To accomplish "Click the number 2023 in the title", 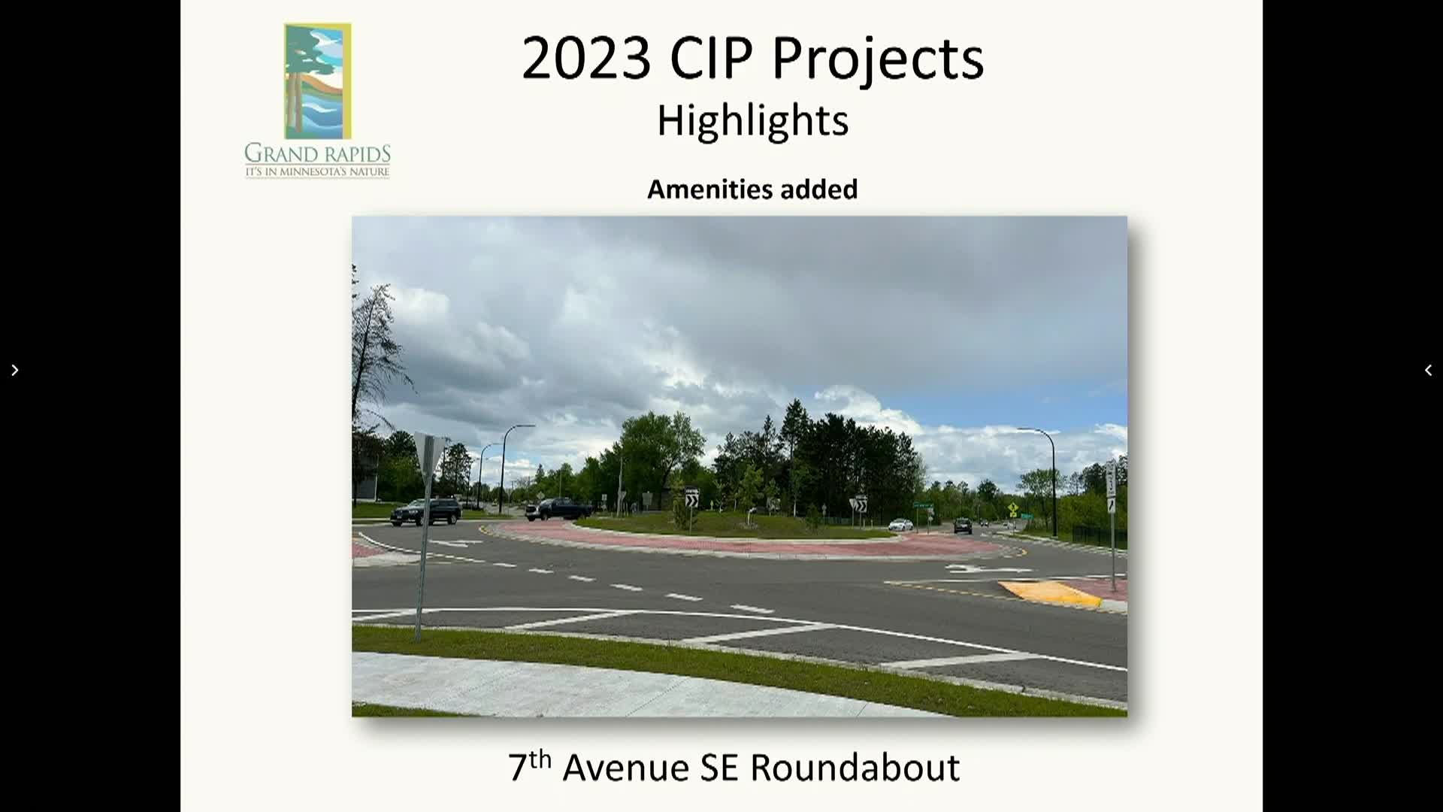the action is [x=586, y=58].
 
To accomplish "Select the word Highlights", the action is [x=752, y=120].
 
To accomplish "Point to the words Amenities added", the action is [x=752, y=189].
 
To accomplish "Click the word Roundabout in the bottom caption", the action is [x=855, y=768].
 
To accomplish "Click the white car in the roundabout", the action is [x=900, y=525].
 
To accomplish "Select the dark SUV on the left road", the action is [x=425, y=511].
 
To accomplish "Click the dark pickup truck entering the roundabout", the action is [x=558, y=509].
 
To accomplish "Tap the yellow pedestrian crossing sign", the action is [x=1013, y=509].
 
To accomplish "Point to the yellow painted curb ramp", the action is [x=1050, y=593].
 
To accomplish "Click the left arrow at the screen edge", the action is [x=1428, y=370].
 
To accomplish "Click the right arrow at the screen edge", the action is [x=14, y=370].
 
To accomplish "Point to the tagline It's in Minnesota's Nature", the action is [x=317, y=172].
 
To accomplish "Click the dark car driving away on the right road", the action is [x=963, y=526].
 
